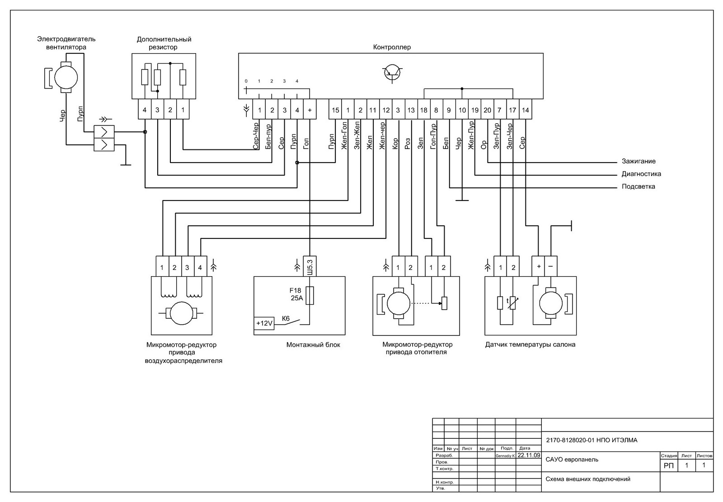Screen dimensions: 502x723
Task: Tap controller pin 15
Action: [335, 110]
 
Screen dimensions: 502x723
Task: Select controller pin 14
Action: [525, 110]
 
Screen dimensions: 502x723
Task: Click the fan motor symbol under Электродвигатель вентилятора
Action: [66, 77]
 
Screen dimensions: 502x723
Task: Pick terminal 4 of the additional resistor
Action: [145, 110]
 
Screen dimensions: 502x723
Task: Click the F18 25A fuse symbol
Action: [310, 296]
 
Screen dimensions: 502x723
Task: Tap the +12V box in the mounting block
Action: [264, 323]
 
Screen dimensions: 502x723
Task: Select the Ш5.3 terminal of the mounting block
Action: [310, 267]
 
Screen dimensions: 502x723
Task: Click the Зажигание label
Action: [638, 161]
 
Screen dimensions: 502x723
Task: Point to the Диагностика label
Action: [641, 174]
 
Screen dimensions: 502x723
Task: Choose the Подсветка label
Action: [638, 186]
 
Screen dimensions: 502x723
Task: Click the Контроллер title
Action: [392, 47]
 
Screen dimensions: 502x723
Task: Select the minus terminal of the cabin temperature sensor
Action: [550, 267]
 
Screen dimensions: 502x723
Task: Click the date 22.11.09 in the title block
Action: [529, 455]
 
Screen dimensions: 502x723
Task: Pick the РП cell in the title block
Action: [668, 466]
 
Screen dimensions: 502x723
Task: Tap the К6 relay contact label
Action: [286, 318]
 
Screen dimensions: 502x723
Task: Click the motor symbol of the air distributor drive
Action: [181, 313]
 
